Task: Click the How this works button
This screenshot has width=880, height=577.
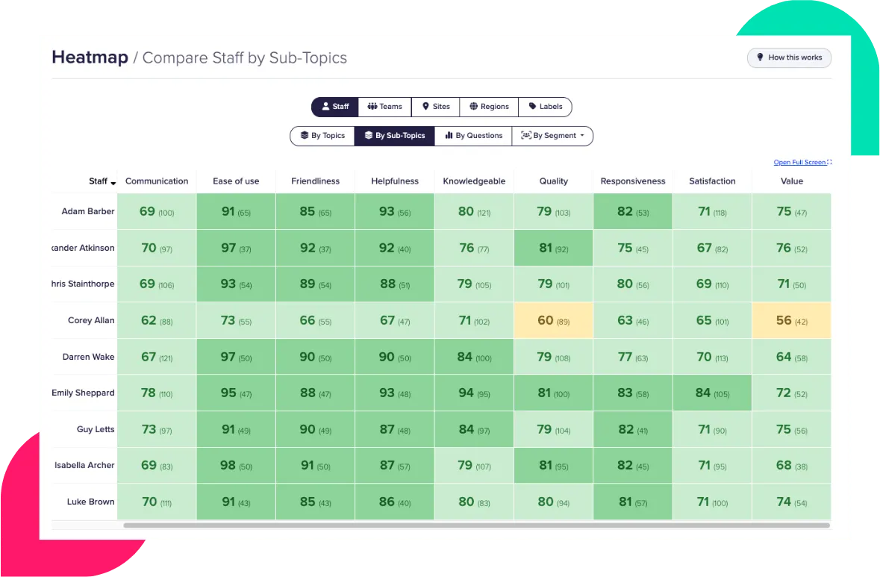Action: coord(789,57)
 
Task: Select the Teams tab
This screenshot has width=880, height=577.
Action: coord(384,107)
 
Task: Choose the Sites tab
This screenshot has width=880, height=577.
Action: coord(436,107)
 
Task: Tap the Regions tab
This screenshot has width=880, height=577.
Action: coord(489,107)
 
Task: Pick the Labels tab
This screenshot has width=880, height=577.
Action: coord(545,107)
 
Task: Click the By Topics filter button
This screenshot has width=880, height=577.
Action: coord(322,136)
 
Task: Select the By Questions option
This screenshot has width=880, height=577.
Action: coord(473,136)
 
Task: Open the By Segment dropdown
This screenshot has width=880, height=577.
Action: coord(552,136)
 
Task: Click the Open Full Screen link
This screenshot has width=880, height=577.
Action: coord(799,162)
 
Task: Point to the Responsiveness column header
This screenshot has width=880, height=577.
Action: coord(633,181)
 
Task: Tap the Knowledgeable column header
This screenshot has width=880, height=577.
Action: coord(474,181)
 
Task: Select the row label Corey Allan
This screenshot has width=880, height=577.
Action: coord(91,321)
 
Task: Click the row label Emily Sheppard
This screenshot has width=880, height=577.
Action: coord(83,393)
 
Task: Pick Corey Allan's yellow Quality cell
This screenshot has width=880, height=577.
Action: coord(553,321)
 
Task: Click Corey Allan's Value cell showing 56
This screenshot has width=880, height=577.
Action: coord(791,321)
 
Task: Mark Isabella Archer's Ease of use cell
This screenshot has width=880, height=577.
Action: coord(236,465)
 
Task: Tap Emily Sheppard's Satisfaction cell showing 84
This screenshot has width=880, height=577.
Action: coord(712,393)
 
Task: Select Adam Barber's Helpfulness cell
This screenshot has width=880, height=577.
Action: coord(394,212)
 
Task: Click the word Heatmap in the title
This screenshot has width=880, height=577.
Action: coord(90,57)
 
